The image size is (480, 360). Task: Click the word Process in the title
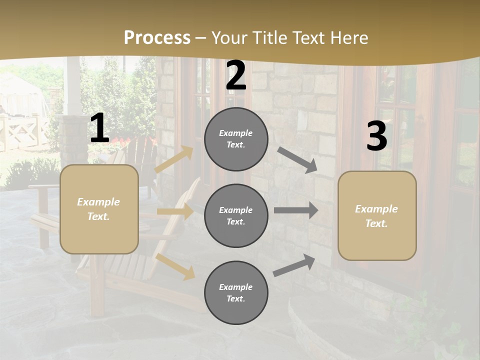point(157,38)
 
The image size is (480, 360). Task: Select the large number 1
point(99,128)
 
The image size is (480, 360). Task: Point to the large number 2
point(236,76)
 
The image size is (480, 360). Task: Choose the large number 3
point(376,136)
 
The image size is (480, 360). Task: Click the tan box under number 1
point(99,209)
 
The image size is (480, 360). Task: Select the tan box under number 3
point(377,215)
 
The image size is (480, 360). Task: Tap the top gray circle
point(236,139)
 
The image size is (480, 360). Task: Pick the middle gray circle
point(236,216)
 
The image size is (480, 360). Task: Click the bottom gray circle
point(236,292)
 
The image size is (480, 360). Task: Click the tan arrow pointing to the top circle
point(174,159)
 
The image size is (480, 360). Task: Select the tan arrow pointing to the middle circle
point(175,211)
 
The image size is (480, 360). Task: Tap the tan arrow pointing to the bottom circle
point(175,266)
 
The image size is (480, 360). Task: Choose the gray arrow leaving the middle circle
point(296,210)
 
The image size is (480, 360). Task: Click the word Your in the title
point(227,38)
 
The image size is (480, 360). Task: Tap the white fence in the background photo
point(22,132)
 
